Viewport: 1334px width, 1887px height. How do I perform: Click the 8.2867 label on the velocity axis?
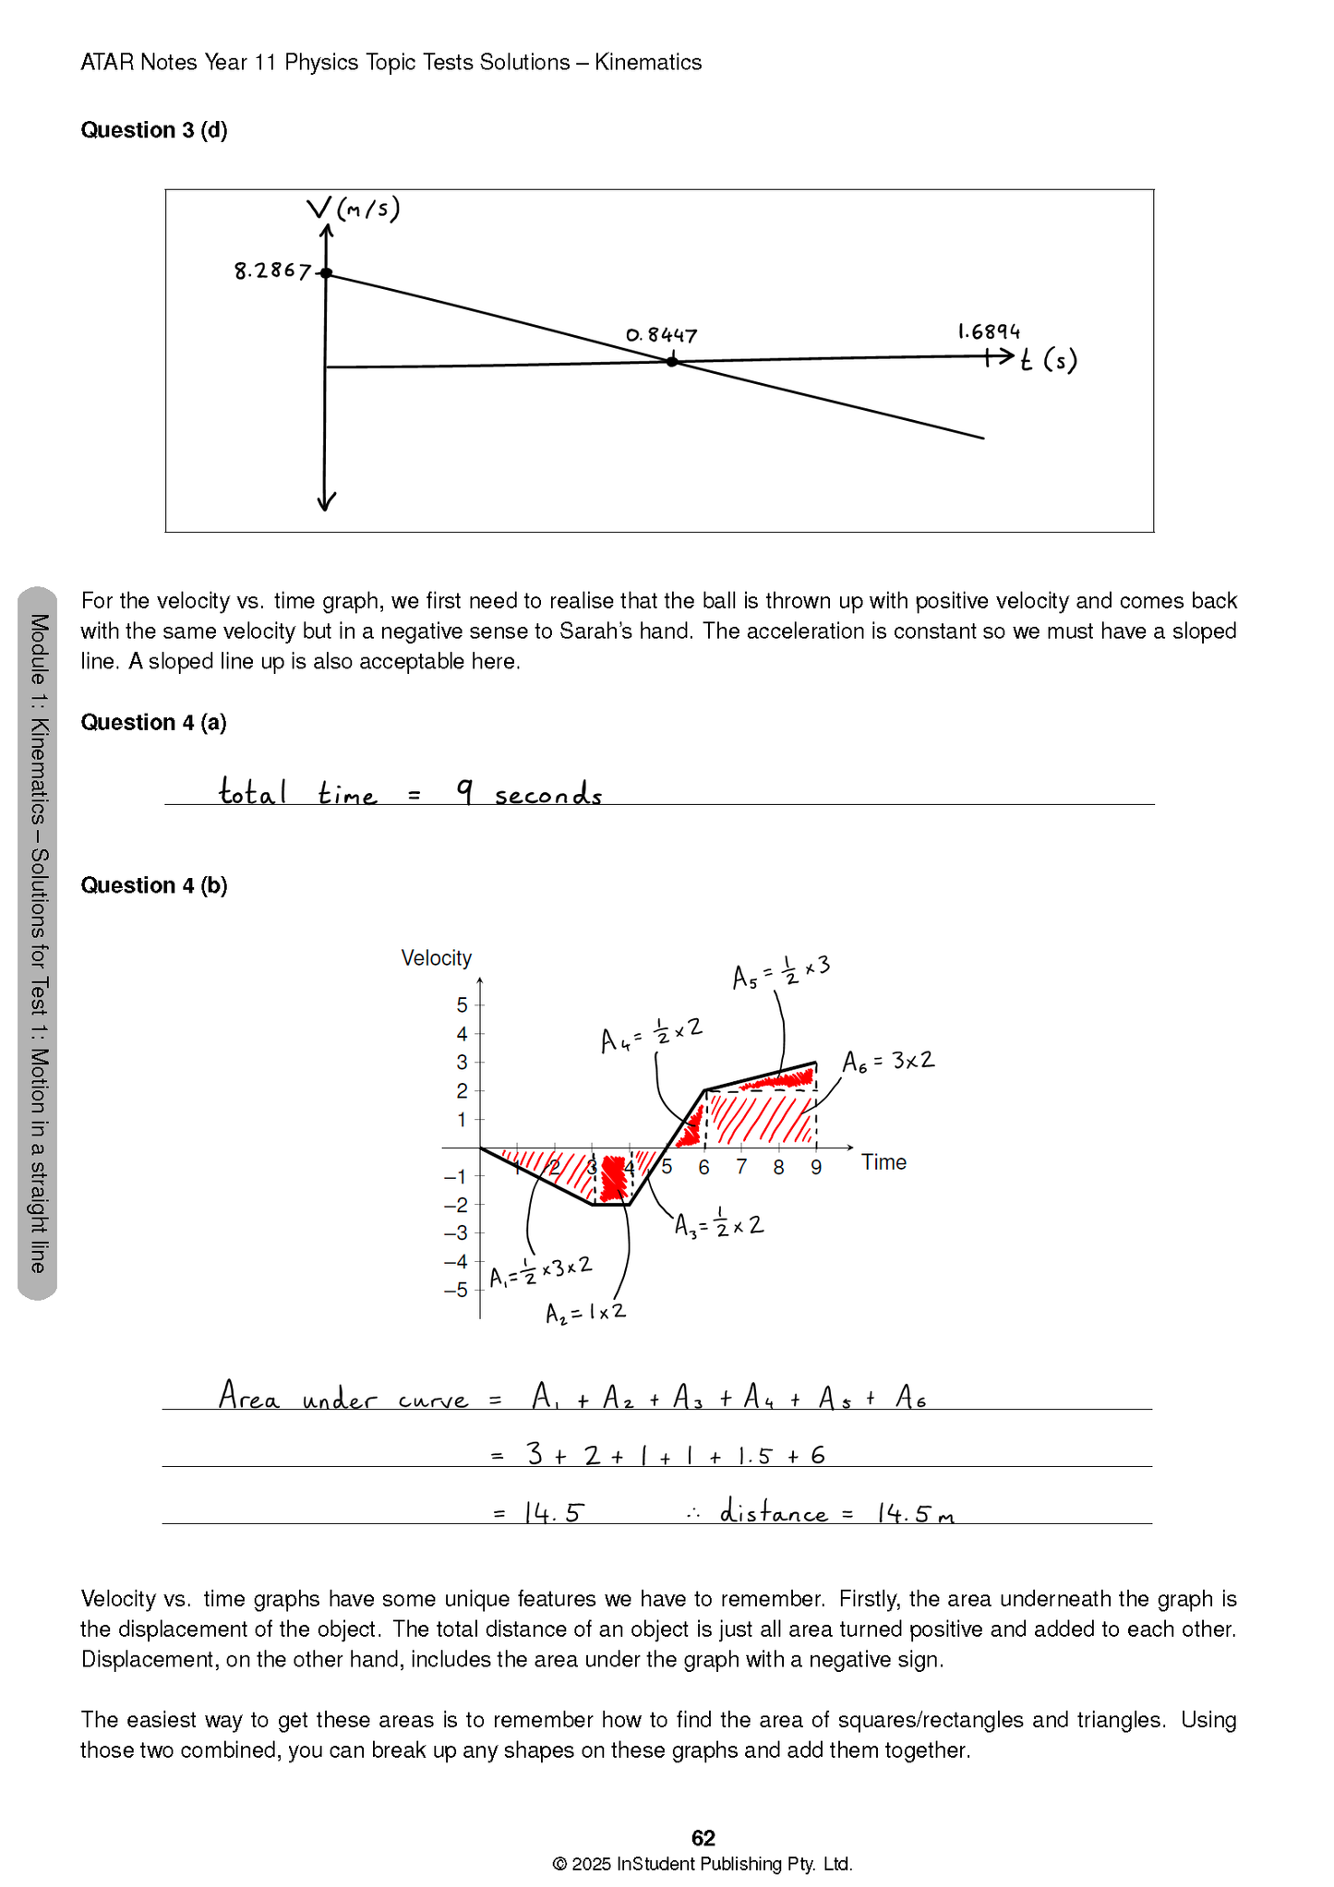tap(271, 270)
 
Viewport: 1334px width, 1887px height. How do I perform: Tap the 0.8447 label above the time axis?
tap(661, 335)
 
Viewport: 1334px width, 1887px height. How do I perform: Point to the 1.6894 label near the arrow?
tap(988, 331)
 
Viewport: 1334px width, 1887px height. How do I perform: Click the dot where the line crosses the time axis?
tap(672, 362)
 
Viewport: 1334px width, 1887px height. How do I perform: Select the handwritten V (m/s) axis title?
tap(354, 210)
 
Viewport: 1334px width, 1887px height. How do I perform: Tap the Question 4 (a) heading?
tap(153, 722)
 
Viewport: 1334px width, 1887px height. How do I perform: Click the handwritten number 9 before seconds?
tap(465, 791)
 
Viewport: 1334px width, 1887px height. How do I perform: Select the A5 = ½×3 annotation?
tap(781, 971)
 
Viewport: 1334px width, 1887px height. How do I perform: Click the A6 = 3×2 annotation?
tap(888, 1061)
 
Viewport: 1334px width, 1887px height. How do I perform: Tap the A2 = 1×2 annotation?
tap(585, 1312)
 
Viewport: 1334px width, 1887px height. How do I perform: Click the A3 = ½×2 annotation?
tap(718, 1225)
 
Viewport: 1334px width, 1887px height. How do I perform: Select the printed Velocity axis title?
tap(436, 958)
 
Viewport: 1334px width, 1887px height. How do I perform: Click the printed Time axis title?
tap(883, 1162)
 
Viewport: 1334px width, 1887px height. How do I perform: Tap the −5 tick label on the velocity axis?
tap(456, 1290)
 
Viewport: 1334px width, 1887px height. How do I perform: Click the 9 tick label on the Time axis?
tap(816, 1168)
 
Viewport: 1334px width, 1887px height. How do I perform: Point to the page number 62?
tap(703, 1837)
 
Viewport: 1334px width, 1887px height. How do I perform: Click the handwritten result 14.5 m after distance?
tap(914, 1513)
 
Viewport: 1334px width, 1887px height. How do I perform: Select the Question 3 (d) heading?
tap(153, 130)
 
